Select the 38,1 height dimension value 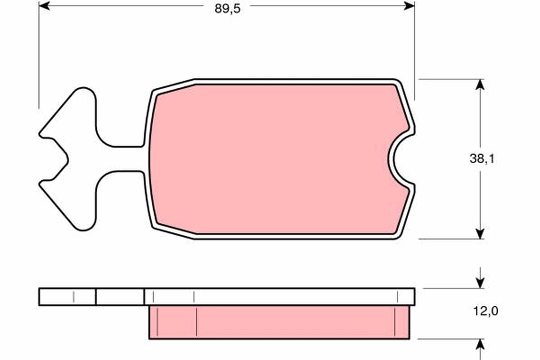coord(481,158)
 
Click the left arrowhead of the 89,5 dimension coord(44,6)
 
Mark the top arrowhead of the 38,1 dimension coord(481,85)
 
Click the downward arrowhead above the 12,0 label coord(481,283)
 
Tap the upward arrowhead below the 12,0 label coord(481,344)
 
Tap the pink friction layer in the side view coord(279,322)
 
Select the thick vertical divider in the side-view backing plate coord(96,297)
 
